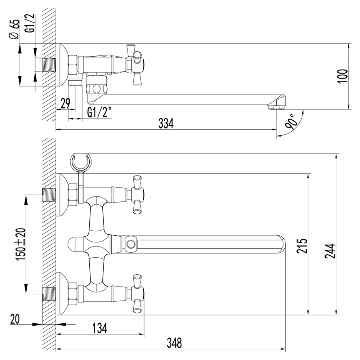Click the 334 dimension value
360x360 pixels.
[166, 123]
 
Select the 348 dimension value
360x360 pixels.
[174, 343]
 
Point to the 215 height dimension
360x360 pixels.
[302, 246]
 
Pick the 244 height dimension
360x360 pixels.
[330, 251]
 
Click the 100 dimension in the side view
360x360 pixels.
[343, 76]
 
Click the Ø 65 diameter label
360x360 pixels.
[14, 30]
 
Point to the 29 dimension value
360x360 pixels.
[66, 103]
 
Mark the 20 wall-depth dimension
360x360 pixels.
[15, 319]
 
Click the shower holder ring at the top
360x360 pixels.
[81, 162]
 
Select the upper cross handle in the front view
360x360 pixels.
[137, 195]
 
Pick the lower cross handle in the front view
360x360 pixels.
[137, 294]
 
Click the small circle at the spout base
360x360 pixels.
[131, 244]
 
